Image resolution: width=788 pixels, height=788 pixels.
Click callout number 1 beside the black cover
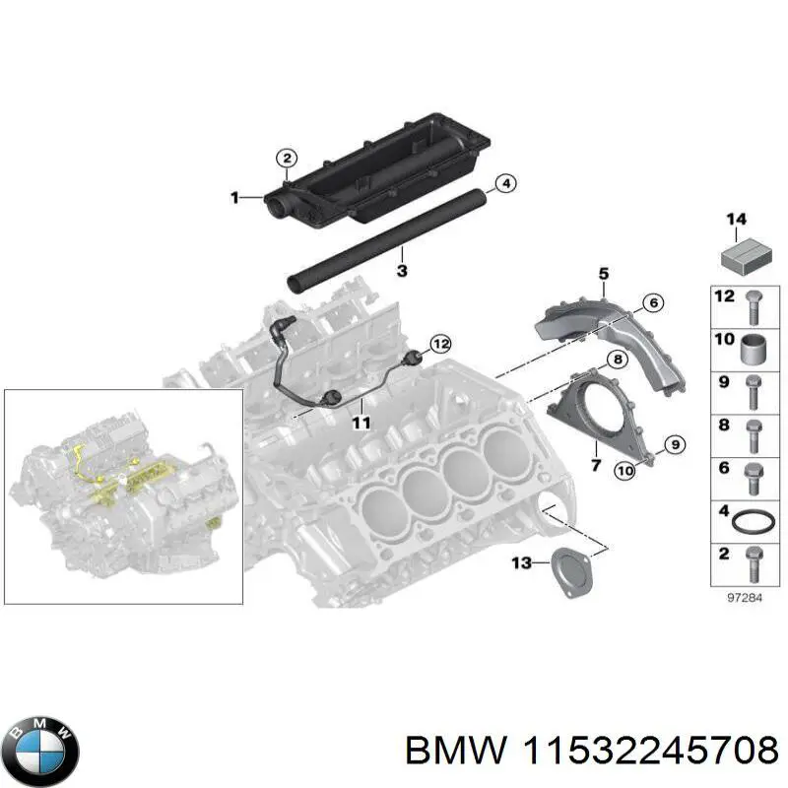coord(234,198)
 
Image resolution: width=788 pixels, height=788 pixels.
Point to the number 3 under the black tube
coord(402,243)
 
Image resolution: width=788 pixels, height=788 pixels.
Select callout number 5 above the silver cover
coord(603,273)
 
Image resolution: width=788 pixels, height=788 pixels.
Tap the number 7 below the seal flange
coord(595,464)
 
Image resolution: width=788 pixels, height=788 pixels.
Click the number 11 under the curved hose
coord(361,424)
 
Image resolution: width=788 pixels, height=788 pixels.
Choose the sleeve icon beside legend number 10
coord(753,349)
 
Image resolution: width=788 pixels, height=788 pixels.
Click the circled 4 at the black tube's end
coord(503,183)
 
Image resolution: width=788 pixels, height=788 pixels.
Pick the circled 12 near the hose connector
coord(440,344)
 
